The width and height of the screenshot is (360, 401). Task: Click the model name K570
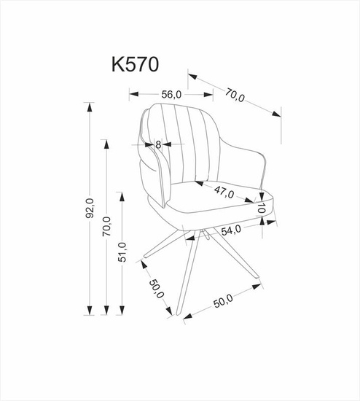(x=136, y=64)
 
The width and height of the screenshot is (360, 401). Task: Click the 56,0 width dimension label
(x=171, y=95)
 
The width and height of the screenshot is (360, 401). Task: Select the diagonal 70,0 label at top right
(x=235, y=95)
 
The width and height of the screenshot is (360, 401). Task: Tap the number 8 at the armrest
(x=158, y=145)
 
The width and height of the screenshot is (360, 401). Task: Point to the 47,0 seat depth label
(x=224, y=192)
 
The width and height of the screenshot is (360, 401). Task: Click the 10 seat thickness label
(x=261, y=209)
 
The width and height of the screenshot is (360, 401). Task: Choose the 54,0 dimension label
(x=231, y=230)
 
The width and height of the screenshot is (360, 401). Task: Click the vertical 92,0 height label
(x=89, y=209)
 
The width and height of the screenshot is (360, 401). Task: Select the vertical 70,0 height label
(x=106, y=226)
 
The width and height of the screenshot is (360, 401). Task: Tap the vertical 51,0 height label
(x=122, y=252)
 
